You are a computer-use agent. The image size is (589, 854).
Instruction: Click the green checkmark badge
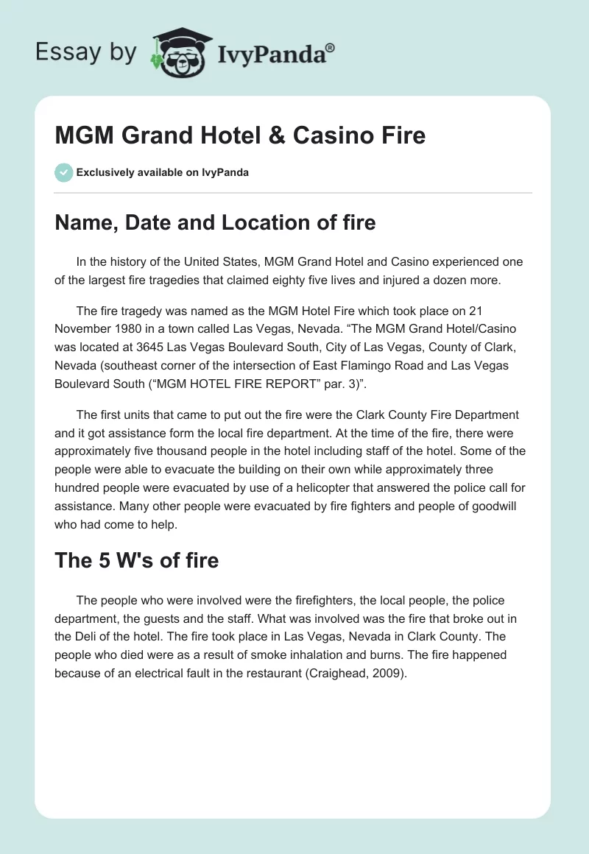pyautogui.click(x=63, y=172)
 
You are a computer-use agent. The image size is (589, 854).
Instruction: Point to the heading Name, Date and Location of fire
pyautogui.click(x=215, y=222)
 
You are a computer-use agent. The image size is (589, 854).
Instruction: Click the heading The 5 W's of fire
pyautogui.click(x=137, y=560)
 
